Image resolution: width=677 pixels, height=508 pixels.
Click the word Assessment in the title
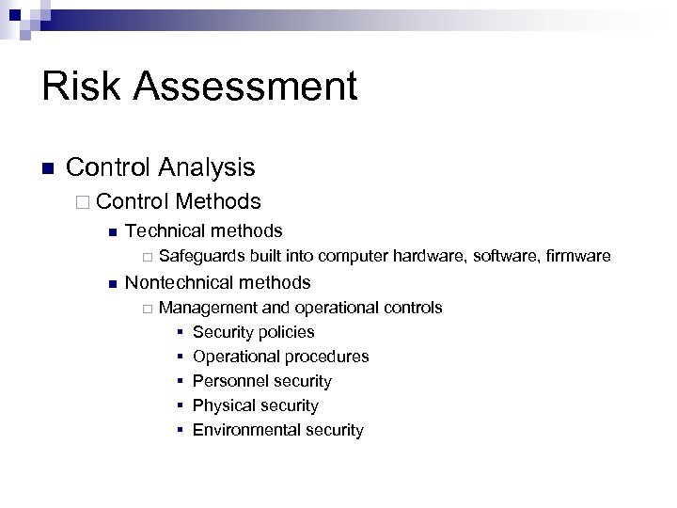coord(245,87)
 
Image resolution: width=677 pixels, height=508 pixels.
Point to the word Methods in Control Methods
coord(217,201)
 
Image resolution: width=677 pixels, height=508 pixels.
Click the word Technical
coord(165,230)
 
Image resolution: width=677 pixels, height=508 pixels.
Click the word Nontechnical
coord(179,282)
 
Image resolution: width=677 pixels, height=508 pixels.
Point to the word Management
coord(208,308)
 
